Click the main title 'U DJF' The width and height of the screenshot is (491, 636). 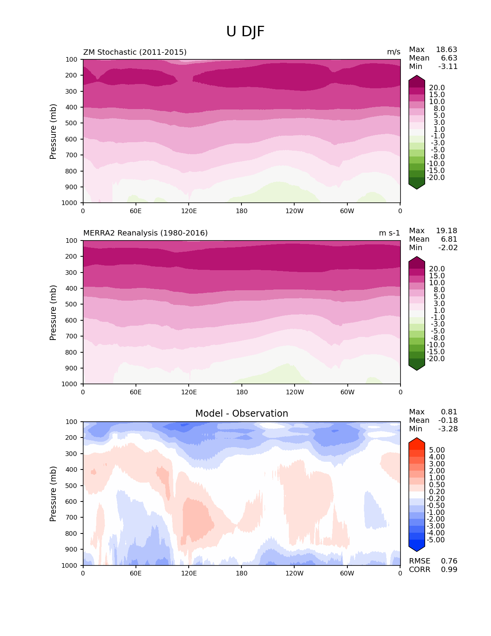coord(245,32)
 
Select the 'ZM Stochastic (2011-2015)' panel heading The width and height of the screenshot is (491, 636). coord(135,52)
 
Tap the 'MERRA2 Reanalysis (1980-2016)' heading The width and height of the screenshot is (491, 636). coord(145,233)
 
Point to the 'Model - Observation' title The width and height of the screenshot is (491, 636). coord(241,414)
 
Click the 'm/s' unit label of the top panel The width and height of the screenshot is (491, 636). coord(394,52)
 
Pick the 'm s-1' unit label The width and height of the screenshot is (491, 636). coord(389,233)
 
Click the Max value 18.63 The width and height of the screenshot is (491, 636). coord(446,50)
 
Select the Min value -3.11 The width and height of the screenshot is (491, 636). coord(447,67)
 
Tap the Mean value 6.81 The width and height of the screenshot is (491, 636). coord(449,239)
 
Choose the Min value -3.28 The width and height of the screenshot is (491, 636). coord(447,429)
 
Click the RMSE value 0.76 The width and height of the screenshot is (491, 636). coord(449,561)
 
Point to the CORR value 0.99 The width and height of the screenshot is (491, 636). coord(449,570)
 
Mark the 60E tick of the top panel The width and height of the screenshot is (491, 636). coord(136,211)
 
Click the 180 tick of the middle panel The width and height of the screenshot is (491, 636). coord(241,392)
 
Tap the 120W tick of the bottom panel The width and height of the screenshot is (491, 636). coord(294,573)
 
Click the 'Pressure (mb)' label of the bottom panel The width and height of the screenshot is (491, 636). coord(53,493)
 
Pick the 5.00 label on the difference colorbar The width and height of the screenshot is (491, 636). coord(437,450)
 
